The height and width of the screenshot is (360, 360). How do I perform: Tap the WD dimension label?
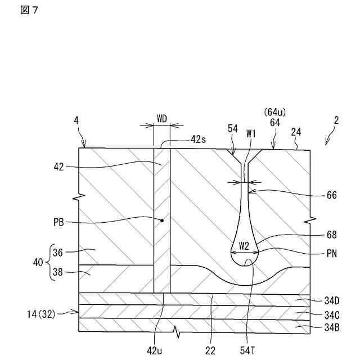pyautogui.click(x=161, y=119)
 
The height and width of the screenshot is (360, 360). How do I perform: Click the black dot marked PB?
pyautogui.click(x=162, y=220)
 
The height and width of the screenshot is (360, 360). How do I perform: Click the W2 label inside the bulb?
pyautogui.click(x=243, y=245)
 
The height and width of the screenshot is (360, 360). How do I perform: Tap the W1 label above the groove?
pyautogui.click(x=251, y=134)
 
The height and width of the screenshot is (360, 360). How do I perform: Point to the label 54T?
pyautogui.click(x=249, y=350)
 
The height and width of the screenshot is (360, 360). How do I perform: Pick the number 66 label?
pyautogui.click(x=331, y=196)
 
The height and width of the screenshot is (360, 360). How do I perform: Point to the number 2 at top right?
pyautogui.click(x=335, y=120)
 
